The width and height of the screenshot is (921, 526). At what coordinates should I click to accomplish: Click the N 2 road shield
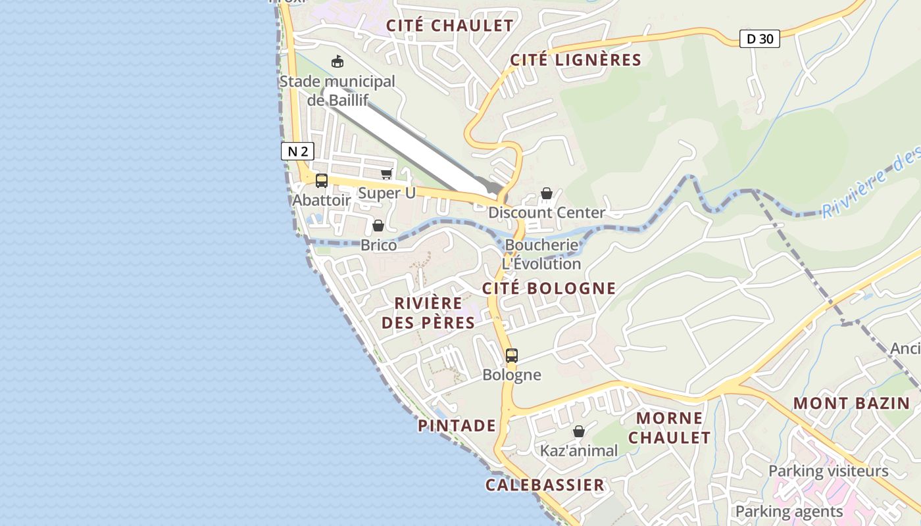coord(297,151)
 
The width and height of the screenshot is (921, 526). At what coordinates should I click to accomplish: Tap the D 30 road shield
coord(759,39)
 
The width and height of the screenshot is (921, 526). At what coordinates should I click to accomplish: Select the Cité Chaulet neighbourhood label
coord(449,26)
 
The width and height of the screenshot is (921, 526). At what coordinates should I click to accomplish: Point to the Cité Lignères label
coord(576,60)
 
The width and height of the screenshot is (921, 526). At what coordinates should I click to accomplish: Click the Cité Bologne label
coord(549,288)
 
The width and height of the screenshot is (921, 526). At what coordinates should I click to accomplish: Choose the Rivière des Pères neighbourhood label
coord(428,312)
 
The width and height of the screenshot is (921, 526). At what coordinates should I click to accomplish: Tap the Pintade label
coord(457,425)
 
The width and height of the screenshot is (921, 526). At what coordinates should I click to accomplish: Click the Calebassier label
coord(545,485)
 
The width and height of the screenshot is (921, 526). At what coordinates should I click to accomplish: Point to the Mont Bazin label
coord(851,403)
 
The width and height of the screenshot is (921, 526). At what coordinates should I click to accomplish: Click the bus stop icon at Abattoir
coord(322,181)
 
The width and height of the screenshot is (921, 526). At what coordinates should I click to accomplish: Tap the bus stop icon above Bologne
coord(512,356)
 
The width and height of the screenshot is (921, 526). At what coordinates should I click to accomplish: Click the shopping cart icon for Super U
coord(386,174)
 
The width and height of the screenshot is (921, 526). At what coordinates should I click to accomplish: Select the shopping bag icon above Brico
coord(378,226)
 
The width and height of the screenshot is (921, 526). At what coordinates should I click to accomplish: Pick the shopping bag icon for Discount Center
coord(546,193)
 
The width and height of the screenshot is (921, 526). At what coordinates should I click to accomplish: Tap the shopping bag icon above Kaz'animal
coord(578,431)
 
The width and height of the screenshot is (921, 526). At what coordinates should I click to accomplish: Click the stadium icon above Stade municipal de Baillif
coord(337,62)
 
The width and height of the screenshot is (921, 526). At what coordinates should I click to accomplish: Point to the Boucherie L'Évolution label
coord(541,254)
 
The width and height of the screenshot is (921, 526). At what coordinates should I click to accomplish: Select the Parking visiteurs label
coord(828,471)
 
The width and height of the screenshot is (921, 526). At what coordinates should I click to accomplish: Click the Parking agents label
coord(789,511)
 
